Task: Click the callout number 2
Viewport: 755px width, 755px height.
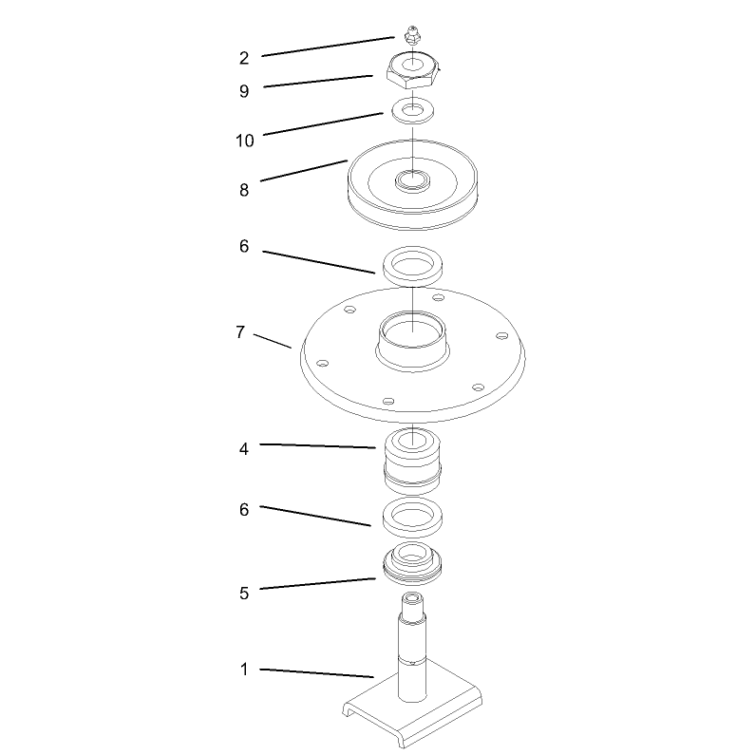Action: (244, 58)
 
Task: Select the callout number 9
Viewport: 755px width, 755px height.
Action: (244, 91)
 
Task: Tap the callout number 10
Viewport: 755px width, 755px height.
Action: (245, 141)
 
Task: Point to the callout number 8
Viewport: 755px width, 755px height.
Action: (244, 190)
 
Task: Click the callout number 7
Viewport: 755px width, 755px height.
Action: (240, 332)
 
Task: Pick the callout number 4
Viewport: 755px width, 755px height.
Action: (244, 449)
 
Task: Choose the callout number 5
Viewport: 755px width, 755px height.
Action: (244, 593)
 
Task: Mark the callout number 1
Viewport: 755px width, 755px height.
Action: (244, 669)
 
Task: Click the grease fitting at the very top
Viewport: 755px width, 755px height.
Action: (411, 36)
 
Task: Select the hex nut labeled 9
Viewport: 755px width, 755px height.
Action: (413, 69)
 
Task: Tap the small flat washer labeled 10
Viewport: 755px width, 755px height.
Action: (413, 110)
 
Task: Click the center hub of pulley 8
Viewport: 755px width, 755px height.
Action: (413, 181)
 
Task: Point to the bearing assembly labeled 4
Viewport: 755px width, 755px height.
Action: (413, 461)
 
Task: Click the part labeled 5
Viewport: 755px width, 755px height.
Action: (413, 562)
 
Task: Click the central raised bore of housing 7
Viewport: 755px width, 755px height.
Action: (413, 341)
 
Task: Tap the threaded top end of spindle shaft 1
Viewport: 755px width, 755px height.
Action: (413, 603)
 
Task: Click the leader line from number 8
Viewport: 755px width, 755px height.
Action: (304, 170)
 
